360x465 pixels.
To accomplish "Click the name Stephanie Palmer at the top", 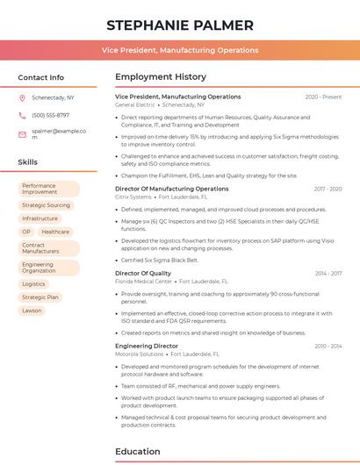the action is pos(179,25).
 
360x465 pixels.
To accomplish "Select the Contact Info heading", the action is pos(40,77).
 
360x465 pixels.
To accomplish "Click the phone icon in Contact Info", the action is pos(22,115).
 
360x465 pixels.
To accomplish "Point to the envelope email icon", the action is pos(22,133).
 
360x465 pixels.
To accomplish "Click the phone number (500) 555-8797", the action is pos(50,115).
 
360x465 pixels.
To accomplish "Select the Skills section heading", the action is pos(28,162).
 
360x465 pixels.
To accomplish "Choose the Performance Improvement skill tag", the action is pos(46,189).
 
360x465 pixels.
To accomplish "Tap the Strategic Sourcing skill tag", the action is pos(46,205).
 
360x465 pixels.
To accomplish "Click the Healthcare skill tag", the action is pos(55,232).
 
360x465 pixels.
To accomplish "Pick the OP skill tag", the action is pos(26,232).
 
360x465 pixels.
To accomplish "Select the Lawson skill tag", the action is pos(32,311).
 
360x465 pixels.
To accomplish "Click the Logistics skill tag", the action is pos(33,284).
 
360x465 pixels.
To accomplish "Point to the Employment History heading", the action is pos(161,77).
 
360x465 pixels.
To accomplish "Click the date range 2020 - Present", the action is pos(323,97).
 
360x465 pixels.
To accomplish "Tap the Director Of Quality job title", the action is pos(143,273).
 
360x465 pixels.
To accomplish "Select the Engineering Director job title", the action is pos(147,347).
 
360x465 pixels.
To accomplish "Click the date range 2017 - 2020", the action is pos(327,189).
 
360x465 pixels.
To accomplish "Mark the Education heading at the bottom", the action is pos(139,452).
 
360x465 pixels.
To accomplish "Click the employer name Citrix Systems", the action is pos(134,197).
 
